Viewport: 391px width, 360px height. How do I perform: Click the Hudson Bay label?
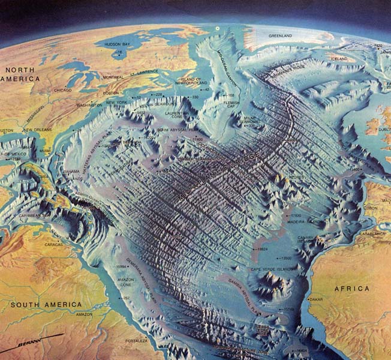(x=121, y=44)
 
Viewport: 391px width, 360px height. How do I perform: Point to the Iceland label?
(x=339, y=59)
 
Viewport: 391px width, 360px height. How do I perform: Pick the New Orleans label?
(x=37, y=130)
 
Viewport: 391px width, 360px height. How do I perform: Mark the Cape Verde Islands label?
(x=271, y=269)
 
